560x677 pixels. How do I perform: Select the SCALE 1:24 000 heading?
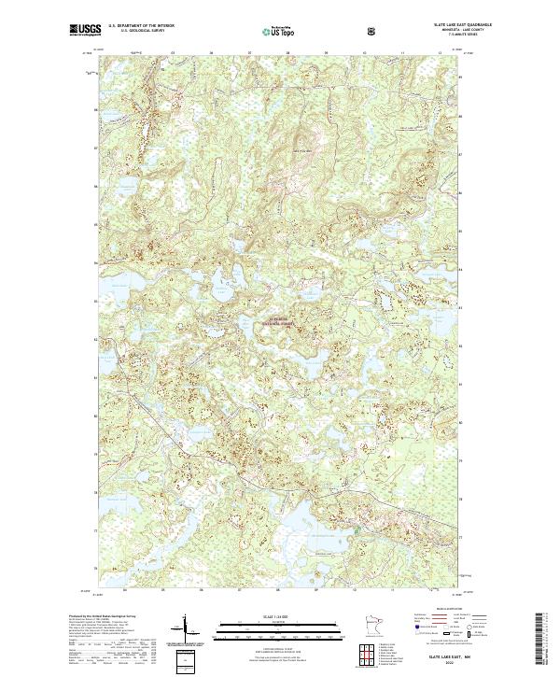click(267, 616)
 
